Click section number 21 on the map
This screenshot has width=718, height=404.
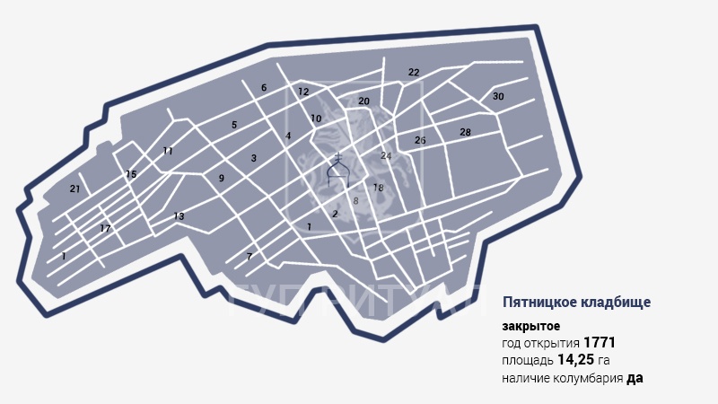(x=75, y=189)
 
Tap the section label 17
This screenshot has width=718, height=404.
(x=105, y=229)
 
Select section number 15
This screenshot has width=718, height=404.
(x=131, y=174)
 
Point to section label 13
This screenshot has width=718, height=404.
(x=179, y=216)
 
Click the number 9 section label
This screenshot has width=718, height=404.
(x=221, y=179)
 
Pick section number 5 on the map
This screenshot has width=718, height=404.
(x=234, y=125)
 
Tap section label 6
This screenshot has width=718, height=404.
(x=264, y=88)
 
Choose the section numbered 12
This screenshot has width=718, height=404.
(x=303, y=92)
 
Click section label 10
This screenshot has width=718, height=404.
(x=316, y=119)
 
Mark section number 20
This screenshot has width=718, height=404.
(x=363, y=101)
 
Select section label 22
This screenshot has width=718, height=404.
(x=414, y=72)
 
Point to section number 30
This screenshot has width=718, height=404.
(x=498, y=96)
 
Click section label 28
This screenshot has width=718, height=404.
(x=465, y=132)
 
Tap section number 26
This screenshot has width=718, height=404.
(x=420, y=140)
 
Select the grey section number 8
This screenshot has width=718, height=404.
(x=355, y=201)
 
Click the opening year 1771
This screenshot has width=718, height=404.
(x=599, y=343)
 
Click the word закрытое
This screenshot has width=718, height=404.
(x=531, y=326)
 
